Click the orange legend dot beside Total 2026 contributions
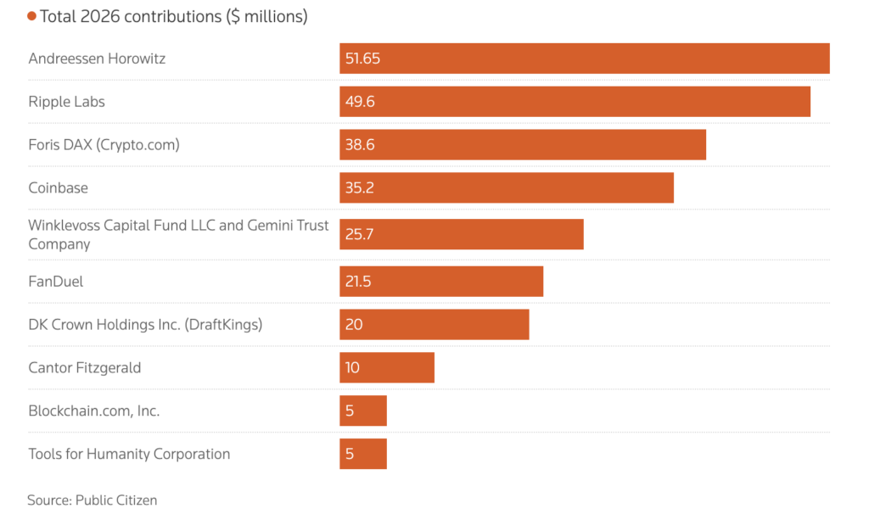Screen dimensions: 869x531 pos(31,17)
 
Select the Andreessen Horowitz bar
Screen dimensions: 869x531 pos(585,59)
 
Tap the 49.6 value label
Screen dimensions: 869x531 pos(360,102)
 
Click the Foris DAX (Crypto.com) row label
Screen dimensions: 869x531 pos(104,145)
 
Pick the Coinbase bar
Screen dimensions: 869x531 pos(507,187)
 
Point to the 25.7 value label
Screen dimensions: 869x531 pos(359,234)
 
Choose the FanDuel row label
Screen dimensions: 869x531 pos(55,282)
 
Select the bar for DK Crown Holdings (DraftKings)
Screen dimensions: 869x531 pos(434,325)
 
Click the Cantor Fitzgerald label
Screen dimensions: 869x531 pos(85,367)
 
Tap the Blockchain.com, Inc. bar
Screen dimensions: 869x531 pos(363,411)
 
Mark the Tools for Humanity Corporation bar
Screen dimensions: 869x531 pos(363,454)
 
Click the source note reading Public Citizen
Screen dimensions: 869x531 pos(92,500)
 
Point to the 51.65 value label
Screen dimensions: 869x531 pos(362,59)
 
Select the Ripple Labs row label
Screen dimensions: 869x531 pos(66,102)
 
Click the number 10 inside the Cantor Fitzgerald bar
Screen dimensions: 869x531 pos(352,367)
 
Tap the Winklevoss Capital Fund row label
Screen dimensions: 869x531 pos(178,235)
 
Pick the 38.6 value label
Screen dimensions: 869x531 pos(360,145)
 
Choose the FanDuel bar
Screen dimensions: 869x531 pos(441,282)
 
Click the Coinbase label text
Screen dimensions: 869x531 pos(59,187)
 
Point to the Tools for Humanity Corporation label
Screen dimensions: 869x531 pos(129,454)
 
